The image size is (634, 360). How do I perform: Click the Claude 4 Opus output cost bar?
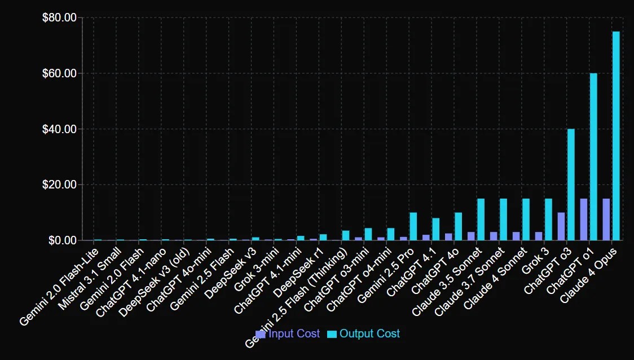pos(616,135)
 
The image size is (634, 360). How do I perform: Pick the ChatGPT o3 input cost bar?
pos(561,226)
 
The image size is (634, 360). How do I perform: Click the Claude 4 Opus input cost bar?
pos(606,219)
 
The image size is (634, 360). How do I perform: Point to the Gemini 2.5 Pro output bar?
pos(413,226)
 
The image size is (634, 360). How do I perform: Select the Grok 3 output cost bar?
pos(548,219)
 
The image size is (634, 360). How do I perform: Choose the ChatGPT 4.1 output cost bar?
pos(435,229)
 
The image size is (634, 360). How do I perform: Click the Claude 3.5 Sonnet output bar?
pos(481,219)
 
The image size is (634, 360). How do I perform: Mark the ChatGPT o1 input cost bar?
pos(584,219)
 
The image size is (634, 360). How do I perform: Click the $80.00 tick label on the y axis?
pos(59,18)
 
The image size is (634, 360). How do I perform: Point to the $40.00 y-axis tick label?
pos(59,129)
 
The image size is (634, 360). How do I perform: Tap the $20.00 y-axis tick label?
pos(59,185)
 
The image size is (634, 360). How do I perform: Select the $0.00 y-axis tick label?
pos(61,240)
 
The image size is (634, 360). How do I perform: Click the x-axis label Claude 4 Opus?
pos(590,274)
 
